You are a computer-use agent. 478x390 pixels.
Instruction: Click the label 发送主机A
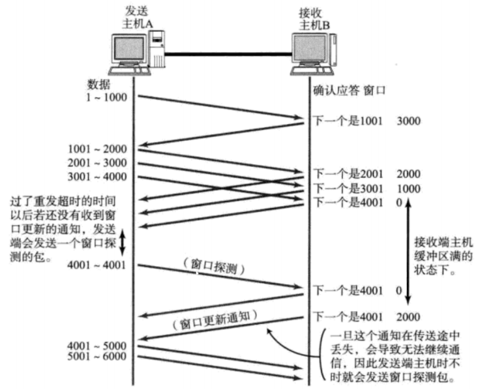138,18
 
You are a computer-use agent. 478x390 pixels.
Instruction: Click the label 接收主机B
314,19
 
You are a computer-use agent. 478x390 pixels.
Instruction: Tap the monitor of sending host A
128,49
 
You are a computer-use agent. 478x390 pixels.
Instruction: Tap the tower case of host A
157,49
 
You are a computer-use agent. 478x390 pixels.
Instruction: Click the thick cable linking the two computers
228,55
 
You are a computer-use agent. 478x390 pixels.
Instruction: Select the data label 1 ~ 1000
106,98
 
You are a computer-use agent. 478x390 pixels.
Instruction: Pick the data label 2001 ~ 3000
97,163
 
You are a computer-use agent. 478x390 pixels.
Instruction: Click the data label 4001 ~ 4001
97,265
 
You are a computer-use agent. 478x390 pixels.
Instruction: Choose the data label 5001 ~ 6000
97,356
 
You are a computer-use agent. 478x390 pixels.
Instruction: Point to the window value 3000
409,121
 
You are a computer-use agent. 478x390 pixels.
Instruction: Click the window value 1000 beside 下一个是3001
409,188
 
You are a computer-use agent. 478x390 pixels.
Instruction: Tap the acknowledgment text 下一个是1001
348,121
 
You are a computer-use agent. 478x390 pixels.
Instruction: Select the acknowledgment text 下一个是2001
348,174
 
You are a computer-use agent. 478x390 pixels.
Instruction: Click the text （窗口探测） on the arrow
214,267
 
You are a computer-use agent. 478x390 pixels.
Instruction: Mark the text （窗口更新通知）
215,320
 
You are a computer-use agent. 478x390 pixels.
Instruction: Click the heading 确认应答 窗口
350,91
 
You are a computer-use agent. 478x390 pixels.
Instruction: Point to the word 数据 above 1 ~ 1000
98,85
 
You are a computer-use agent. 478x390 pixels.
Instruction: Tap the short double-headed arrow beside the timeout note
122,243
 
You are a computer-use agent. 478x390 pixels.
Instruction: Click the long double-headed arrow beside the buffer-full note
408,252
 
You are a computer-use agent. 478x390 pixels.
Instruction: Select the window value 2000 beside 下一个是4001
408,317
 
